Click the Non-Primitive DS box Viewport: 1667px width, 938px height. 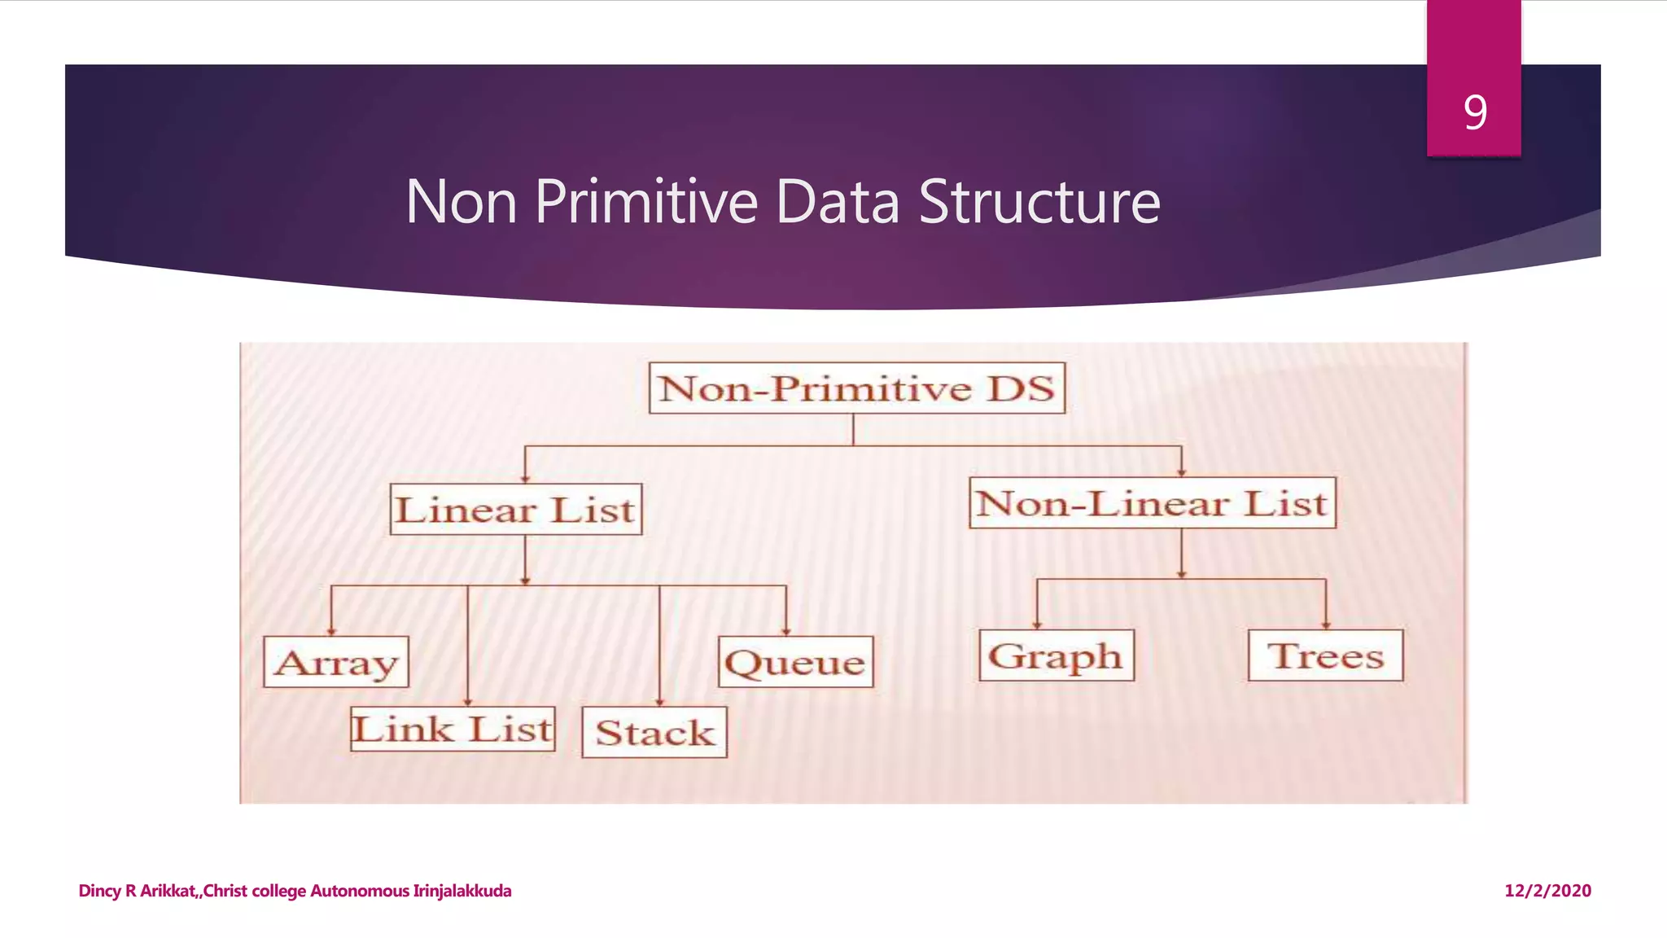(856, 388)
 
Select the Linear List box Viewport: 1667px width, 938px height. (515, 510)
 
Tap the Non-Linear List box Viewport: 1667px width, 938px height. (1152, 503)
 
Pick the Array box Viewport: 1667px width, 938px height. (336, 662)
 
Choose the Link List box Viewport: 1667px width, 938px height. (453, 729)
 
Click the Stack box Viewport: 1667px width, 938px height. (654, 733)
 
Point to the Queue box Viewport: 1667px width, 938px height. (795, 662)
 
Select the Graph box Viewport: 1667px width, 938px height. (1056, 655)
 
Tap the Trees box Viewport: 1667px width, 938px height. (1325, 655)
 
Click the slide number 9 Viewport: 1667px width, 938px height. (1475, 112)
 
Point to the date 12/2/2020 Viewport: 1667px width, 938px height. (1547, 891)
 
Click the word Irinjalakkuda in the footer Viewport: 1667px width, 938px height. (462, 891)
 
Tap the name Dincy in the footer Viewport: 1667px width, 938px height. (99, 891)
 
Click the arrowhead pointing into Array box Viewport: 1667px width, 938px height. (331, 630)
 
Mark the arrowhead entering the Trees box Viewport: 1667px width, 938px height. (1326, 625)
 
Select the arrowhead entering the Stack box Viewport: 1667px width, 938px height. (659, 701)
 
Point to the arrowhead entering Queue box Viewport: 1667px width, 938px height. (786, 630)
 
